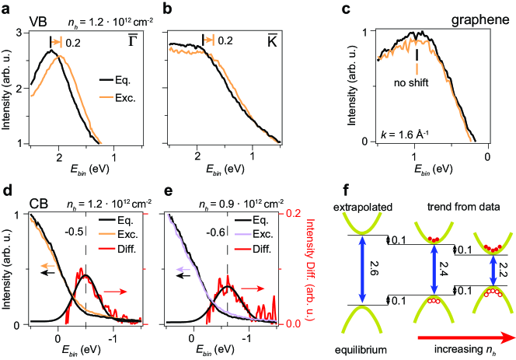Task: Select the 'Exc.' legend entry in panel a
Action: (124, 96)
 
